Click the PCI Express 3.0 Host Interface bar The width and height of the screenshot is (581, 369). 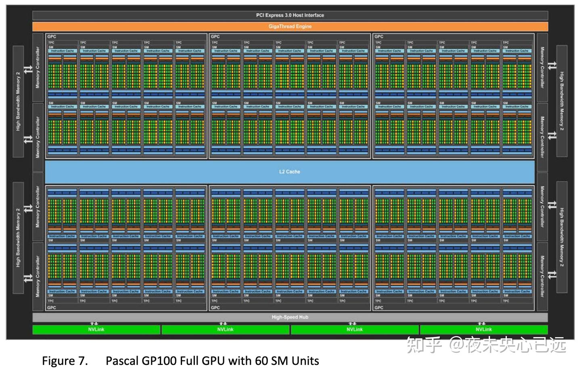pyautogui.click(x=290, y=15)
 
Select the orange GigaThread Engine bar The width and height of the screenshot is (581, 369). pyautogui.click(x=290, y=27)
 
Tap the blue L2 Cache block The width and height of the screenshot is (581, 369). pyautogui.click(x=290, y=172)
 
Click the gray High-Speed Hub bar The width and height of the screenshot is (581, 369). pyautogui.click(x=290, y=317)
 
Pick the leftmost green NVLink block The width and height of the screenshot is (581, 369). pyautogui.click(x=96, y=330)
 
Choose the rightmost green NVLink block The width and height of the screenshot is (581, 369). pyautogui.click(x=483, y=330)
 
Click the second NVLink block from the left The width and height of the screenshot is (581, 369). pyautogui.click(x=225, y=330)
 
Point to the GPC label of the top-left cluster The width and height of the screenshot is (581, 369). pyautogui.click(x=52, y=37)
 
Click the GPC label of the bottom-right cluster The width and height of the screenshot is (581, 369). pyautogui.click(x=379, y=308)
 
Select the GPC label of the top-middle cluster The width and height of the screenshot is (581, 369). pyautogui.click(x=215, y=37)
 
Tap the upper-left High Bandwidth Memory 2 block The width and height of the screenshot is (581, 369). pyautogui.click(x=18, y=101)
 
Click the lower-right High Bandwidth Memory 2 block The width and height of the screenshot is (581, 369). pyautogui.click(x=562, y=237)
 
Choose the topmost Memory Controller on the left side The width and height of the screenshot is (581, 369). pyautogui.click(x=38, y=67)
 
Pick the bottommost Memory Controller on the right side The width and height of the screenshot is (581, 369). pyautogui.click(x=542, y=277)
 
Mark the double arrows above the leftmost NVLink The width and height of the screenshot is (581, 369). pyautogui.click(x=94, y=323)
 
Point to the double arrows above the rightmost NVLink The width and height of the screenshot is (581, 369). pyautogui.click(x=481, y=323)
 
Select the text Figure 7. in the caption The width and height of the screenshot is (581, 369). pyautogui.click(x=65, y=361)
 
